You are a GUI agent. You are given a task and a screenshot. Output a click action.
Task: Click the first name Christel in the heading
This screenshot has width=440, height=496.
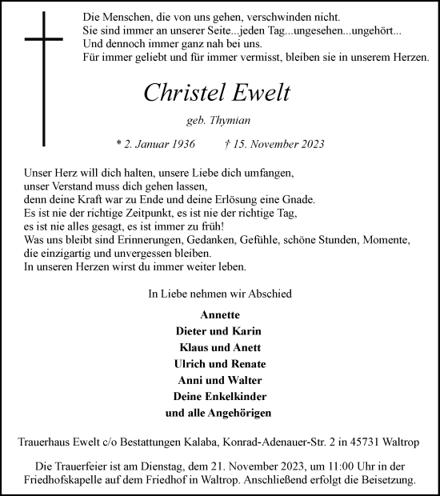(x=182, y=93)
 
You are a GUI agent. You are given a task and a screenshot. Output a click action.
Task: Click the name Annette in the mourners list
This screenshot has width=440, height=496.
(x=219, y=314)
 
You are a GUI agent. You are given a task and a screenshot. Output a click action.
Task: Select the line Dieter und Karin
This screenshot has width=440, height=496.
(x=219, y=330)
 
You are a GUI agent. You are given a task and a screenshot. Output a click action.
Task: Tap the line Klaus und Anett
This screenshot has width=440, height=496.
(x=219, y=347)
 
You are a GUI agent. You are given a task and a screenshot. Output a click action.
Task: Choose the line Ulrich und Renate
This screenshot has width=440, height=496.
(x=219, y=363)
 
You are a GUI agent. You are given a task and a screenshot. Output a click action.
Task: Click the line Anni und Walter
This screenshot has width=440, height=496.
(x=219, y=380)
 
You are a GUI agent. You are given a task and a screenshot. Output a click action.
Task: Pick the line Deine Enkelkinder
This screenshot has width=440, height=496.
(x=219, y=396)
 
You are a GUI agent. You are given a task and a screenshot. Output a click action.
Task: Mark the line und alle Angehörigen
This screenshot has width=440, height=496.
(x=219, y=413)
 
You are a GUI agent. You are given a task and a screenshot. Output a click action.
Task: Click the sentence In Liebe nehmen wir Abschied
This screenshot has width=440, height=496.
(x=219, y=294)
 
